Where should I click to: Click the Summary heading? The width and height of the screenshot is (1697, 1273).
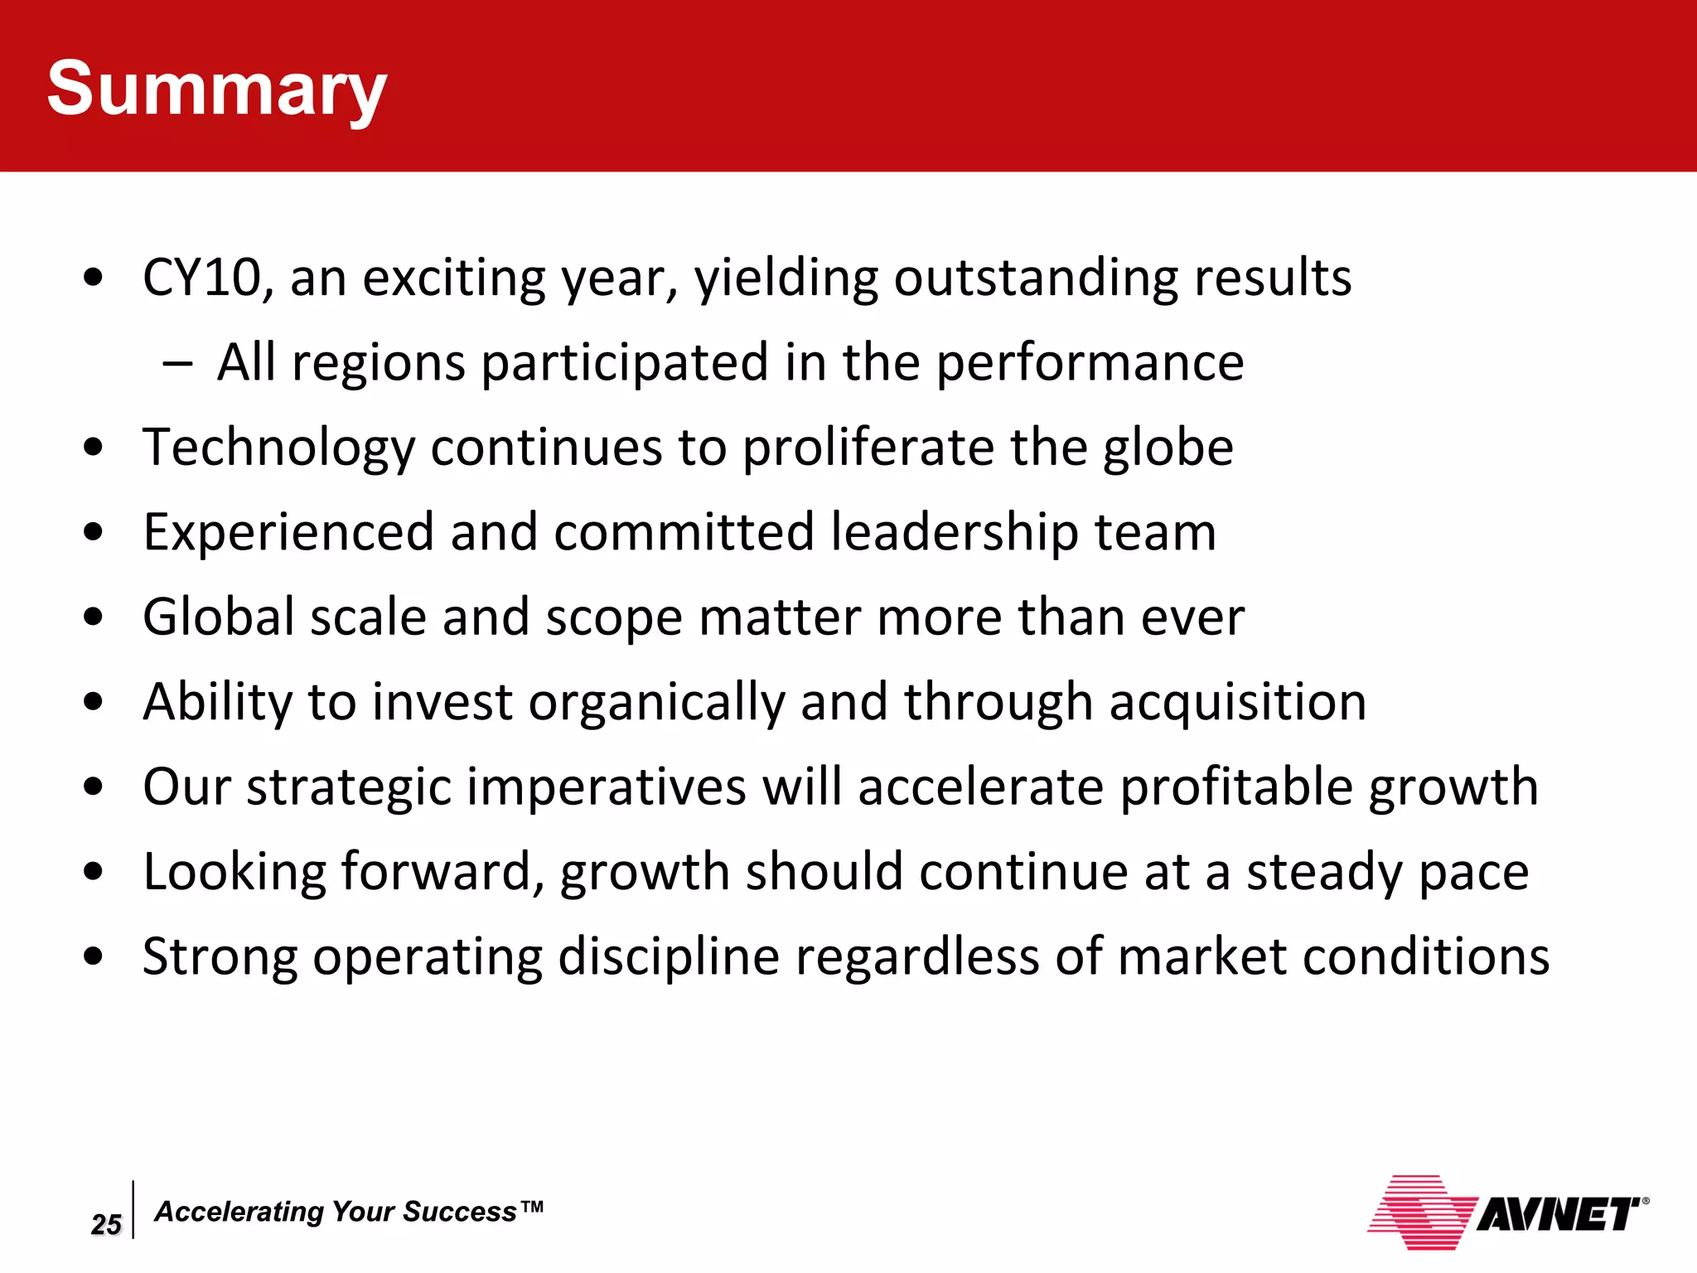216,90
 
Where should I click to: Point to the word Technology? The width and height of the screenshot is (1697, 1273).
278,448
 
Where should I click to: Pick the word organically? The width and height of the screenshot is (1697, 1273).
656,703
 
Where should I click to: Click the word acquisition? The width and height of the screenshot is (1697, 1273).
1237,703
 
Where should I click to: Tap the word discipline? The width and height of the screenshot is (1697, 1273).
668,957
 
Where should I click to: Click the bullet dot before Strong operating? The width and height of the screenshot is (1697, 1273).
94,957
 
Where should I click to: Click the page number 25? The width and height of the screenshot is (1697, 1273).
106,1224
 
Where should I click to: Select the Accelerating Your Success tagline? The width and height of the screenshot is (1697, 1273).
349,1212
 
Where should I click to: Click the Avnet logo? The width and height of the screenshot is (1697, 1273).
1506,1213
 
